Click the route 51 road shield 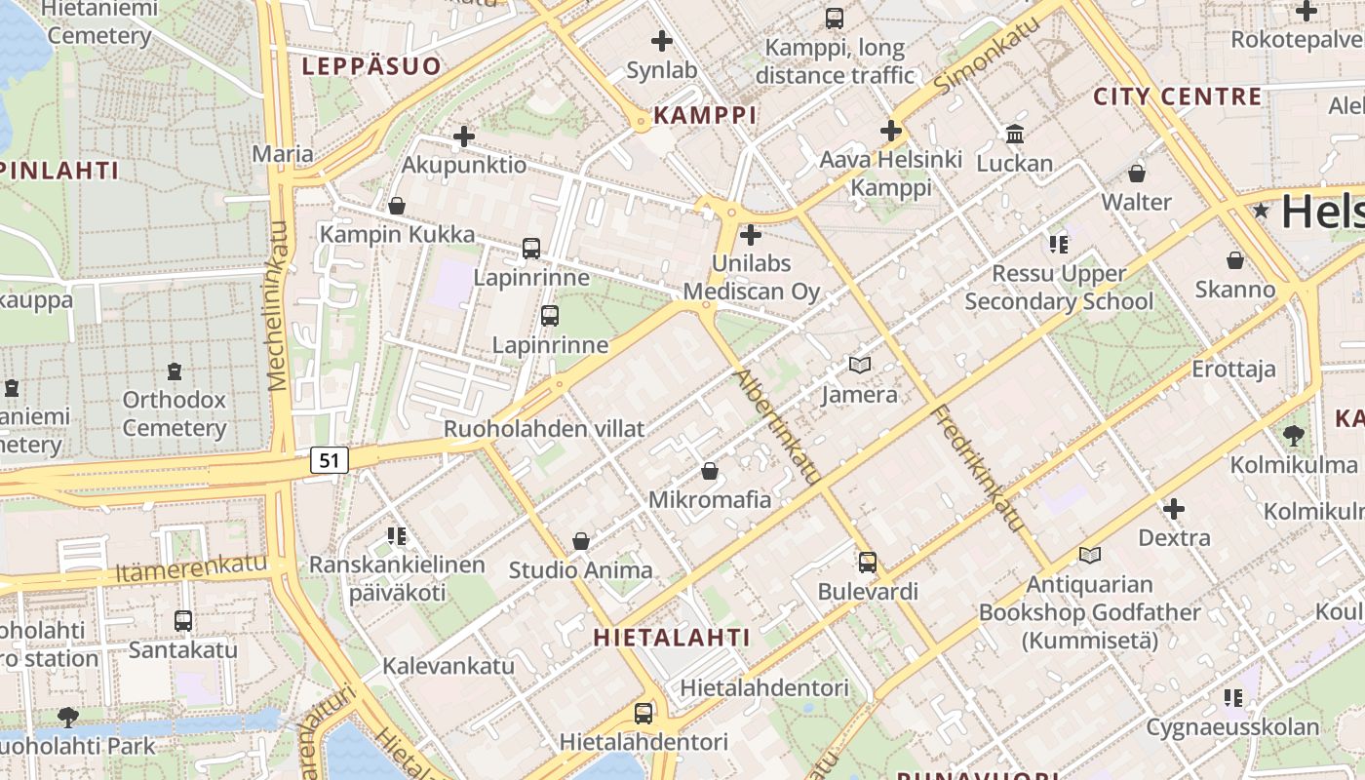(x=331, y=460)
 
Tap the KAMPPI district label (x=705, y=115)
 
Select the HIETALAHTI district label (x=673, y=638)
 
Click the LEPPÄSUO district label (x=371, y=66)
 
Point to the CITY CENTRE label (x=1178, y=97)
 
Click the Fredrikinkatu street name (x=979, y=469)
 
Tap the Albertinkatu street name (x=776, y=426)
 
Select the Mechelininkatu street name (x=279, y=306)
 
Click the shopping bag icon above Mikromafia (x=711, y=471)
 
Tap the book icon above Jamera (x=859, y=366)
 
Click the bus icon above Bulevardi (x=868, y=563)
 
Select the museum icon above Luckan (x=1015, y=134)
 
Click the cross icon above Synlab (x=662, y=41)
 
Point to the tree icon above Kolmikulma (x=1294, y=436)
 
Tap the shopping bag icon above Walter (x=1137, y=174)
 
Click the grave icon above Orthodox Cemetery (x=175, y=371)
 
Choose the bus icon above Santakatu (x=183, y=620)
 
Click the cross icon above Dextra (x=1174, y=508)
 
